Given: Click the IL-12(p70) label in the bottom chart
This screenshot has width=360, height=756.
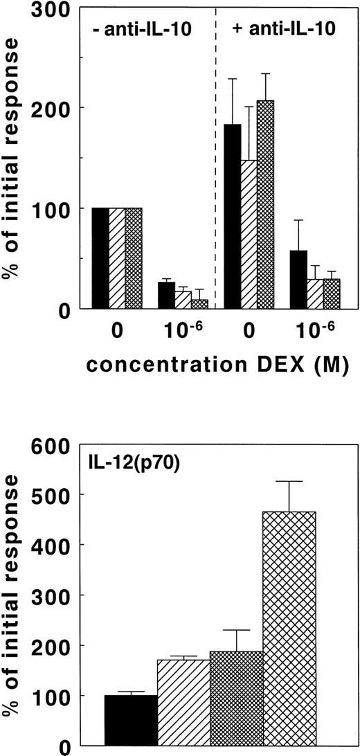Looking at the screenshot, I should [123, 458].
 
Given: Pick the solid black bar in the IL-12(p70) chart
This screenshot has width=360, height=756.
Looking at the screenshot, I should [131, 720].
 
